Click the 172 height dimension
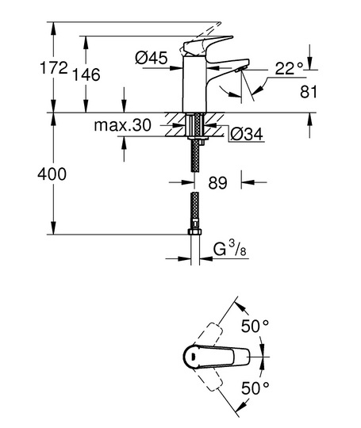(x=54, y=68)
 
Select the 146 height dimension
(x=86, y=75)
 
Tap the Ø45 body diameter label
(x=152, y=58)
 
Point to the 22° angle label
(x=289, y=68)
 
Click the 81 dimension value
(x=309, y=92)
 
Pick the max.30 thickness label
(x=122, y=125)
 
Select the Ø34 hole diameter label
(x=247, y=134)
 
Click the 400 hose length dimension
(x=52, y=174)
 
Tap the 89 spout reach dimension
(x=217, y=182)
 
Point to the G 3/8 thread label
(x=229, y=250)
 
